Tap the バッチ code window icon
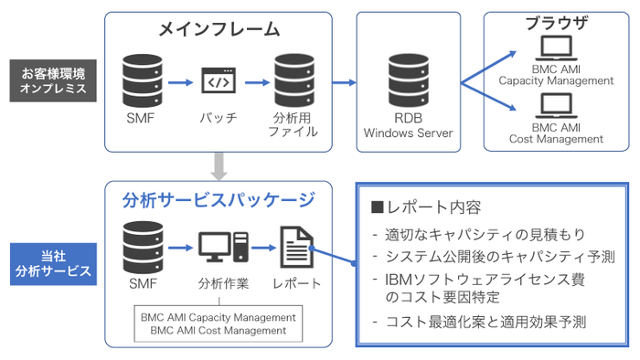click(x=219, y=82)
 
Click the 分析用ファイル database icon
click(x=295, y=80)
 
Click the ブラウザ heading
click(x=555, y=24)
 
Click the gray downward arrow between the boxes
click(x=219, y=164)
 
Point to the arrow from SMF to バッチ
click(x=181, y=82)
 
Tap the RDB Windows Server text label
click(x=408, y=125)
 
